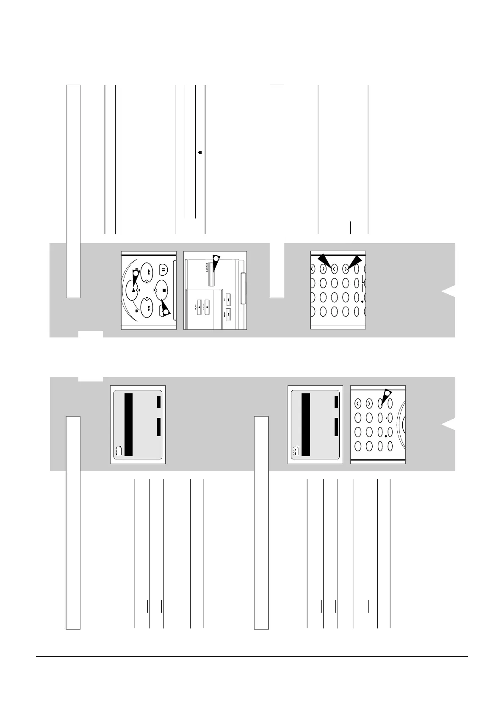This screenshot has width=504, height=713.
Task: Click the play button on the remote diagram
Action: (133, 290)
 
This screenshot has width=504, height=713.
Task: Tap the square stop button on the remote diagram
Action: (163, 290)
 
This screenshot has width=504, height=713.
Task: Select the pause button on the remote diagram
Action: (163, 268)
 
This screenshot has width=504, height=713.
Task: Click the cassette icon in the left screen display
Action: (119, 451)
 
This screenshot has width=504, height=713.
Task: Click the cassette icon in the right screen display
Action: (296, 451)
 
